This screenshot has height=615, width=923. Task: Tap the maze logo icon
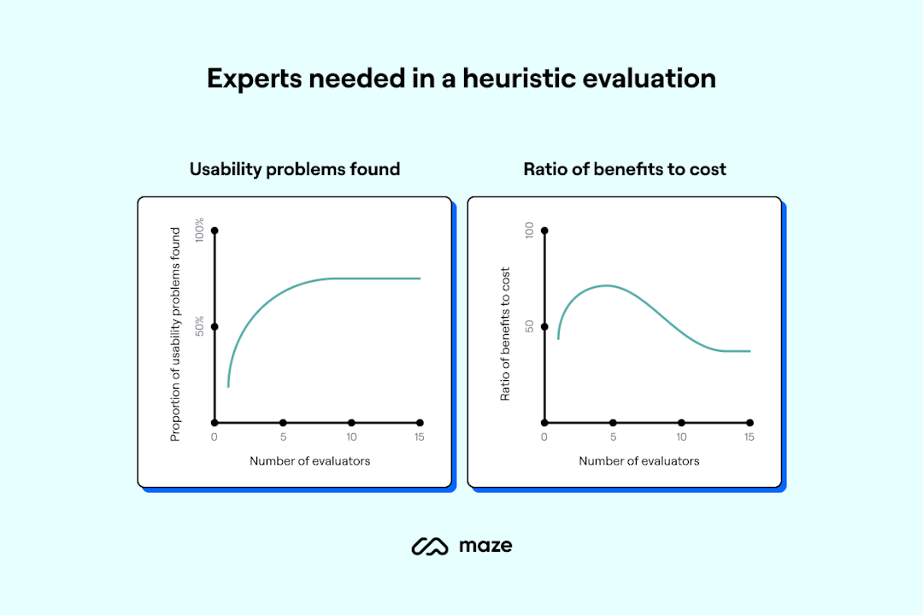pos(430,546)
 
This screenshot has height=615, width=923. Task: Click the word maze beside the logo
pos(485,545)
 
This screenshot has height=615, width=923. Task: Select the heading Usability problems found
pos(295,169)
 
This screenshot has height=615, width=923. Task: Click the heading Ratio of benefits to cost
pos(625,169)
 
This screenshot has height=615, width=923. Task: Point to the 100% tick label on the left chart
pos(199,231)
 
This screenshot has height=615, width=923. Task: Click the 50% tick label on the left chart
pos(199,326)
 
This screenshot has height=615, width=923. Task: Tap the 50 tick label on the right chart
pos(529,326)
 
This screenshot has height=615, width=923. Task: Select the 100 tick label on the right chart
pos(529,231)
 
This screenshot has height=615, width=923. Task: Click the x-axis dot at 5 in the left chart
pos(283,423)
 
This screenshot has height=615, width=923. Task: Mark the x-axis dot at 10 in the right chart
pos(681,423)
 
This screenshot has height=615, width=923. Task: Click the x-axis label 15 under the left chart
pos(419,437)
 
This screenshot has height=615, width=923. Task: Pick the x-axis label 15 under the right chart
pos(749,437)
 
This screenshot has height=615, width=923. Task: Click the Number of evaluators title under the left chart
pos(310,461)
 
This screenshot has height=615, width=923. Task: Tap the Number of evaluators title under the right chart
pos(639,461)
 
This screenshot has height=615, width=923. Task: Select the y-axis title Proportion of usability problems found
pos(175,334)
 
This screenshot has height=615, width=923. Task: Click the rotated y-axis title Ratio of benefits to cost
pos(505,334)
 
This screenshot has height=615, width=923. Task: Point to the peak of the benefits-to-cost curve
pos(605,285)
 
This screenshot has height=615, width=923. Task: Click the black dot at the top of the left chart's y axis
pos(215,231)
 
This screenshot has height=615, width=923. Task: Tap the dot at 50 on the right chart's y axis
pos(544,326)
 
